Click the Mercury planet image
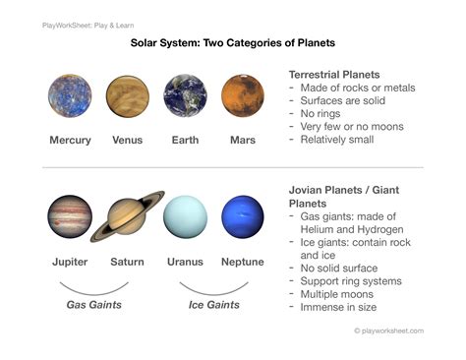point(70,96)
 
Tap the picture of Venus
point(127,96)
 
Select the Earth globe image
point(185,96)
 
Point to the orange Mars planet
point(242,96)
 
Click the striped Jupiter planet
point(70,217)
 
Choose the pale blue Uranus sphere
point(185,217)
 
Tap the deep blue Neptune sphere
point(242,217)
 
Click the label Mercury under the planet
point(70,141)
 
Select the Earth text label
point(185,141)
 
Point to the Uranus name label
point(185,262)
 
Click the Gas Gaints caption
point(93,305)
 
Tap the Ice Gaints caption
point(215,305)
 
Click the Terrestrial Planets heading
point(334,75)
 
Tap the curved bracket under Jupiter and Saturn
point(93,288)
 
